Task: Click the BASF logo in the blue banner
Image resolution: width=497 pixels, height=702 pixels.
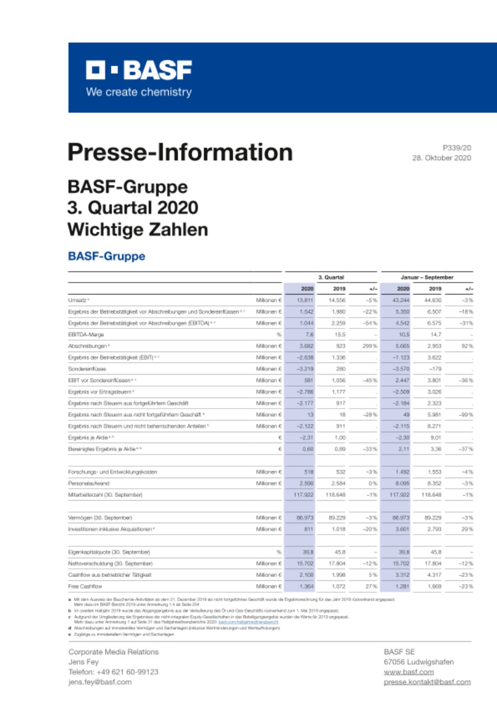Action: click(x=138, y=71)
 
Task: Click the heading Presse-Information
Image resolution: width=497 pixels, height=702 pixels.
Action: click(x=180, y=152)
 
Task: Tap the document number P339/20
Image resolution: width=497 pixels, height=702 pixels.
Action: click(x=456, y=148)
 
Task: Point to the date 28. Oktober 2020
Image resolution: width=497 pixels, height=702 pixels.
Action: click(x=441, y=158)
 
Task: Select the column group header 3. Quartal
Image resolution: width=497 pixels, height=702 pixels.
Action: click(x=331, y=278)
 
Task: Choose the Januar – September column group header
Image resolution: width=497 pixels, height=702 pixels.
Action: click(x=427, y=278)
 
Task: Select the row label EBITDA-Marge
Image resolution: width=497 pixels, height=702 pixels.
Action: click(x=87, y=334)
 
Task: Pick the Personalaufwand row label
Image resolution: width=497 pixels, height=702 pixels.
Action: click(x=88, y=483)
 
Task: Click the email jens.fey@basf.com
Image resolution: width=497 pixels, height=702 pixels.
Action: click(x=100, y=682)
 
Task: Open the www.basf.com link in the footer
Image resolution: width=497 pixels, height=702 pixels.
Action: click(x=409, y=672)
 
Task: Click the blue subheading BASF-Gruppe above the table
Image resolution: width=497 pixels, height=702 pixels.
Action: click(x=107, y=257)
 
